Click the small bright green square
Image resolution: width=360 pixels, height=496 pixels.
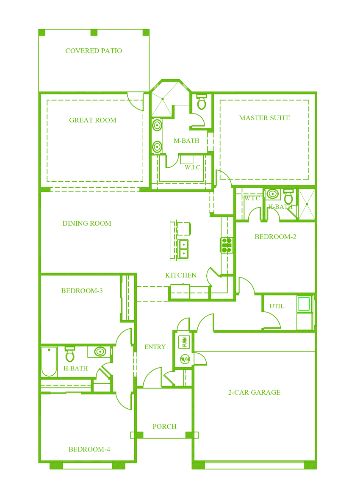click(304, 304)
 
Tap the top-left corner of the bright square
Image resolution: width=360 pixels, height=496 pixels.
click(297, 296)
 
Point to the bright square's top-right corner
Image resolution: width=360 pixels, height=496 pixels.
click(310, 296)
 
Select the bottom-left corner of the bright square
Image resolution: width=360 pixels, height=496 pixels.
click(297, 311)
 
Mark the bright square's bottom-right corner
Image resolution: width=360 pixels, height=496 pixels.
click(310, 311)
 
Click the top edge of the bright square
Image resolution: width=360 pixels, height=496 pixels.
click(304, 296)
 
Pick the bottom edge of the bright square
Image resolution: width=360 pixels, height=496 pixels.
click(304, 311)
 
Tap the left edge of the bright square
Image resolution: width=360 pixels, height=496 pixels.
click(297, 304)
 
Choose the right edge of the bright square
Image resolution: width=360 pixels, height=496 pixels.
click(310, 304)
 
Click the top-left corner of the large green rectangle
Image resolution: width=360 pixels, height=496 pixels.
click(38, 29)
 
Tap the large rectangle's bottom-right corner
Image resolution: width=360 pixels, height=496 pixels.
click(317, 469)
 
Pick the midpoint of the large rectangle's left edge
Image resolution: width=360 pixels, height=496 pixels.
click(38, 249)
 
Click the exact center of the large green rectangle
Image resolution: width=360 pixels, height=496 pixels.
click(177, 249)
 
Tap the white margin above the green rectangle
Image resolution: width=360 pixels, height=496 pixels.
click(177, 14)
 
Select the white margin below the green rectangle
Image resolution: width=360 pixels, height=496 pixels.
click(177, 483)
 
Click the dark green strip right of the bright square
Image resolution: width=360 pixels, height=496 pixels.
click(314, 304)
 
